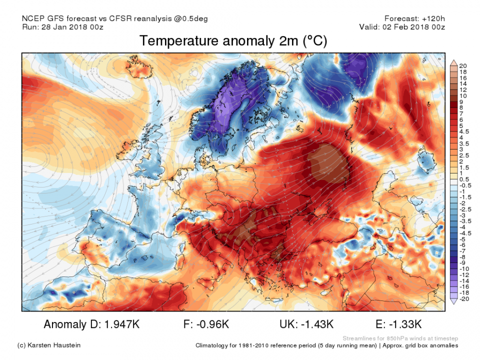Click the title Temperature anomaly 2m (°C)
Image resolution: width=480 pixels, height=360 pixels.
pyautogui.click(x=233, y=41)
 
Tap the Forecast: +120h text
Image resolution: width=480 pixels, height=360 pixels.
pyautogui.click(x=414, y=18)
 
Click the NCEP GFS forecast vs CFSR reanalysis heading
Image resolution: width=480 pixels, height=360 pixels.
pyautogui.click(x=114, y=18)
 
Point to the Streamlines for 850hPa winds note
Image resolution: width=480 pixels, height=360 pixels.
pyautogui.click(x=400, y=338)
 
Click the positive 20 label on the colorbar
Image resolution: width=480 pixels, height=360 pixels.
pyautogui.click(x=463, y=66)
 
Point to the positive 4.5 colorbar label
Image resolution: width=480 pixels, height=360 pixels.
pyautogui.click(x=463, y=131)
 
